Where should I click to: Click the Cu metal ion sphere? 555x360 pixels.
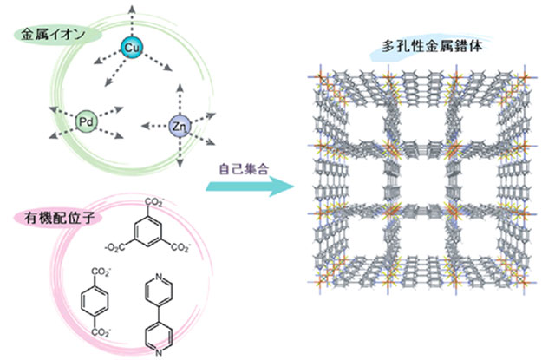132,48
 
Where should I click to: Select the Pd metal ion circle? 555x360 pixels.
86,122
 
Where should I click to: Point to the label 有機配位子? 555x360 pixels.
60,218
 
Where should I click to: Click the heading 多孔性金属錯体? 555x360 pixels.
432,46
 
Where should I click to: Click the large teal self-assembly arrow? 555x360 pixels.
250,187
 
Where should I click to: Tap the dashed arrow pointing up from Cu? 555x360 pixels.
132,21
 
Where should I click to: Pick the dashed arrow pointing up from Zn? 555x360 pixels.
180,100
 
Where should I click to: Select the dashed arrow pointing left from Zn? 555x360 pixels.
155,126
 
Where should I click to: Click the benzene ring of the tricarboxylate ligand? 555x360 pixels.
147,231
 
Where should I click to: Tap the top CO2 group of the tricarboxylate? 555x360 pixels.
154,203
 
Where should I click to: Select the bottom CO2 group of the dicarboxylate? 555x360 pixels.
101,332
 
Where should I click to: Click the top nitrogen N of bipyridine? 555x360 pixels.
159,277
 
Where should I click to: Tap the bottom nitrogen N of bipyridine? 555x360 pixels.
159,352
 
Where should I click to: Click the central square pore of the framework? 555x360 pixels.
422,180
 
